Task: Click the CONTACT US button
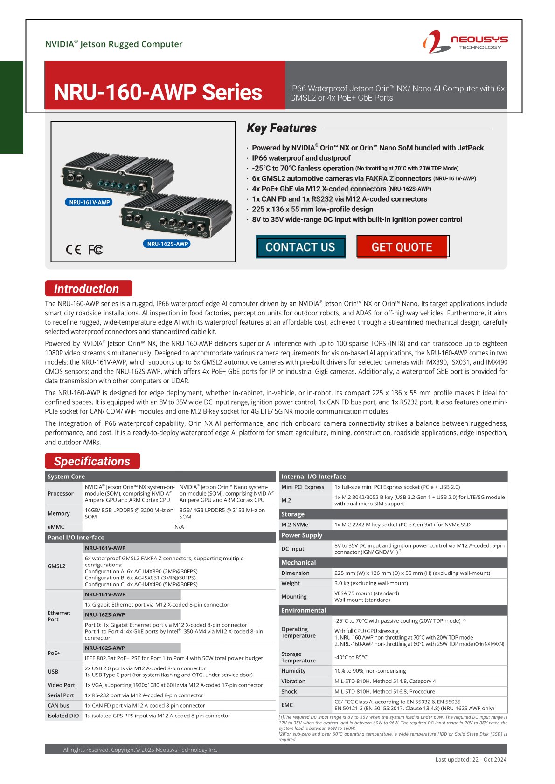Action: (300, 247)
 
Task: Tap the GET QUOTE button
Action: (402, 247)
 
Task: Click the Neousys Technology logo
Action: (465, 42)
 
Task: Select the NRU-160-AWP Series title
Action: (158, 92)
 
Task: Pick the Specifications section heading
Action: (92, 461)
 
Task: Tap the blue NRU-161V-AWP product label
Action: (90, 202)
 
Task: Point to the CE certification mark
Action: (73, 250)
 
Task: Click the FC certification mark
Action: (96, 250)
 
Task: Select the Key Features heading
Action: (282, 128)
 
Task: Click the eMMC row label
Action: (56, 527)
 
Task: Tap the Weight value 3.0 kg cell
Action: (371, 583)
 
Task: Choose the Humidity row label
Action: (293, 671)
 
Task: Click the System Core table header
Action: (66, 477)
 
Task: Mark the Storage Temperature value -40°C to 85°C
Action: (351, 657)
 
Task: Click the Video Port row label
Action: (61, 685)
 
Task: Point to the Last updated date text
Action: (471, 759)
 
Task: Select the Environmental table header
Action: (304, 610)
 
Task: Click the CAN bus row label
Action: (58, 706)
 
